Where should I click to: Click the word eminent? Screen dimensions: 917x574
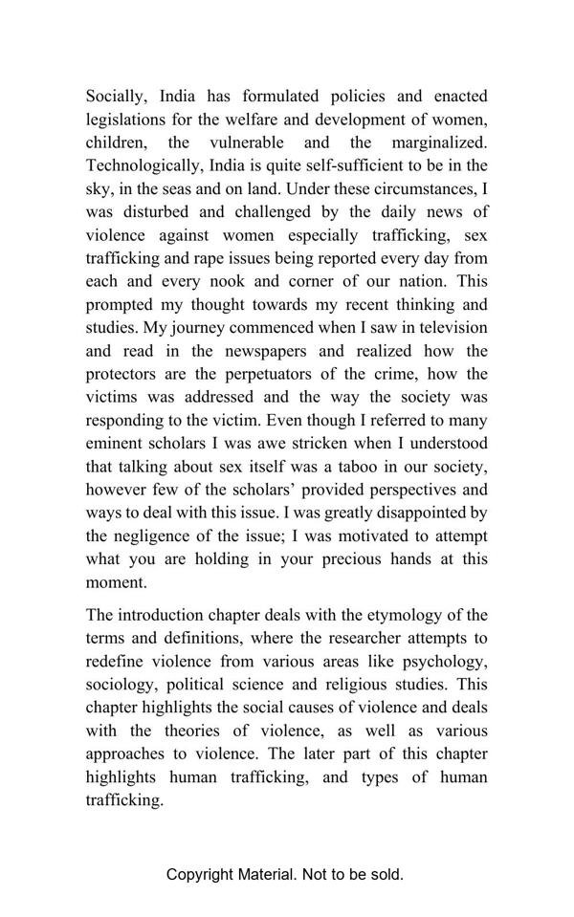click(115, 444)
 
